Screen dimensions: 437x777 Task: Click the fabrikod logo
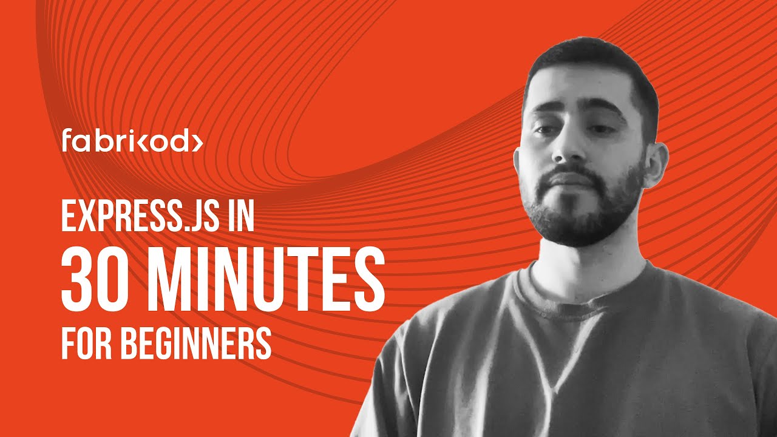click(132, 141)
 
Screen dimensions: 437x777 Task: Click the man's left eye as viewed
click(545, 129)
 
